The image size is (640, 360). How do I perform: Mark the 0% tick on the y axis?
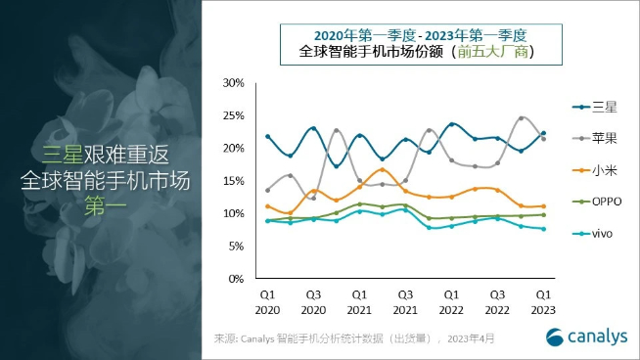(x=235, y=279)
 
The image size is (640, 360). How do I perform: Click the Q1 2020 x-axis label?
(x=267, y=300)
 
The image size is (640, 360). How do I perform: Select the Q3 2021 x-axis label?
(x=405, y=300)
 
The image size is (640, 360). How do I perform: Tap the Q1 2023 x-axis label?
(x=543, y=300)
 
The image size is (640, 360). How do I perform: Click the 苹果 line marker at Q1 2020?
(x=267, y=190)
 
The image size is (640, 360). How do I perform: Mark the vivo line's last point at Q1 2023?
(x=543, y=229)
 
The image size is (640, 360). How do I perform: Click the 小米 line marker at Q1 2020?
(x=267, y=206)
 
